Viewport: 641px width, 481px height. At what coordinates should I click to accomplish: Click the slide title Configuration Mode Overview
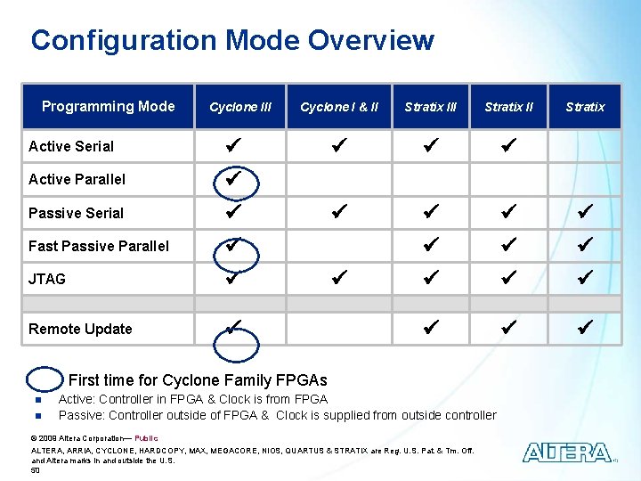pos(231,40)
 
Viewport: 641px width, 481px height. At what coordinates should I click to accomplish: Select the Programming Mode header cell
pos(108,106)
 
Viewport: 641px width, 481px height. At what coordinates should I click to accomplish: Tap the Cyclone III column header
pos(240,107)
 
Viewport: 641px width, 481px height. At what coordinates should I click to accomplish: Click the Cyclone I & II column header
pos(339,107)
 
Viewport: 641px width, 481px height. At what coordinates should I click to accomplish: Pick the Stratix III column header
pos(430,107)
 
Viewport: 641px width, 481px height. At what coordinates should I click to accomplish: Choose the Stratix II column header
pos(508,107)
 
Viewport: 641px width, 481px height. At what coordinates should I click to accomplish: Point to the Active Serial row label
pos(71,146)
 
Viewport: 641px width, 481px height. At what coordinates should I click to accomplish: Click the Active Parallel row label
pos(77,179)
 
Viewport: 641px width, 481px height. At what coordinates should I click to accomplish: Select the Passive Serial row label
pos(76,213)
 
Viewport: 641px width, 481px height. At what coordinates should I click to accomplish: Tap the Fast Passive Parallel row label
pos(98,246)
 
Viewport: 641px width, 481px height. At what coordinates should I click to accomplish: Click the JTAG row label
pos(47,279)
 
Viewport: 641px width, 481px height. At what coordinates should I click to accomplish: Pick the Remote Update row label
pos(80,329)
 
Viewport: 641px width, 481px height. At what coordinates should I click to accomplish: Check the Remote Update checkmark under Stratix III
pos(431,328)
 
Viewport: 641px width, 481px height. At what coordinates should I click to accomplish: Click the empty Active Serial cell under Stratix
pos(584,146)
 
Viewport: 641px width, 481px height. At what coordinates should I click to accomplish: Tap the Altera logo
pos(567,452)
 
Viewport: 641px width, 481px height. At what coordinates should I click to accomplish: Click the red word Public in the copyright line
pos(146,438)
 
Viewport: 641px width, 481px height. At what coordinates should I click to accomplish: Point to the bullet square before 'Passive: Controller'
pos(39,416)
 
